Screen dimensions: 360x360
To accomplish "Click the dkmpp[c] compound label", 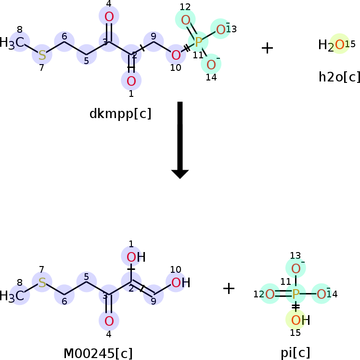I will [120, 114].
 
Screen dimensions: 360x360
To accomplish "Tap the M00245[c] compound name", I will [98, 353].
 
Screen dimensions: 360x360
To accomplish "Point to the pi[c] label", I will [296, 352].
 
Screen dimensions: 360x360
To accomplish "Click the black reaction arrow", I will [180, 140].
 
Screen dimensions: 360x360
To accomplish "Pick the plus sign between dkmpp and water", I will [267, 47].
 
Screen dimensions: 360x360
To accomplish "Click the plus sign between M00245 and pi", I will [229, 288].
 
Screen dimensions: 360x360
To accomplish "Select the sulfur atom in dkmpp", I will [42, 54].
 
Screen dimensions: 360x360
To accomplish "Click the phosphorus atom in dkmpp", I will [198, 42].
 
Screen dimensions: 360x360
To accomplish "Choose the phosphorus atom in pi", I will [296, 293].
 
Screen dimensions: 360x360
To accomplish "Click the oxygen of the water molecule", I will [339, 44].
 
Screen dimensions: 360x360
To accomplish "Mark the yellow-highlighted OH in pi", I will [296, 319].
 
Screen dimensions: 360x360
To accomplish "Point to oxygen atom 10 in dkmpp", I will [176, 54].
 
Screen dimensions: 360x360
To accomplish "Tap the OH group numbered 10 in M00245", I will [177, 282].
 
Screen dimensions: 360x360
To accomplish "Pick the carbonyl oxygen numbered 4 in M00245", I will [109, 320].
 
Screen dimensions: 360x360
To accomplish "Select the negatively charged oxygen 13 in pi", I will [296, 268].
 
